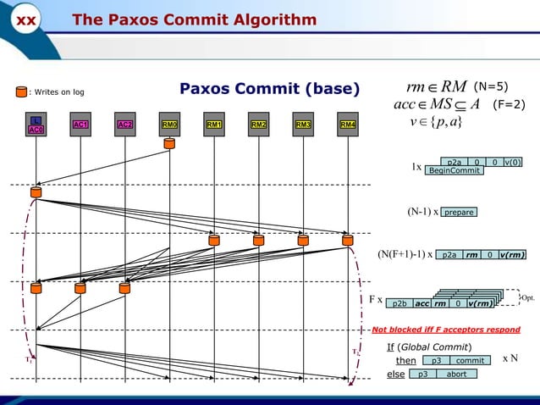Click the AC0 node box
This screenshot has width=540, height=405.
click(x=36, y=125)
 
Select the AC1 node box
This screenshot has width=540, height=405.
click(x=81, y=125)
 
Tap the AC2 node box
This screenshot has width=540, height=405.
click(x=125, y=125)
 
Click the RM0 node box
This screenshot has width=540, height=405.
click(x=170, y=125)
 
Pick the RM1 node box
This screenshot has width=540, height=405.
click(x=214, y=125)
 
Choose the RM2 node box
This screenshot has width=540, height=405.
click(x=258, y=125)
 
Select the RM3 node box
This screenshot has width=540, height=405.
click(x=303, y=125)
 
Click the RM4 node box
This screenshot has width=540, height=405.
click(x=347, y=125)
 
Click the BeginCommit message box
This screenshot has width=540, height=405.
click(x=454, y=170)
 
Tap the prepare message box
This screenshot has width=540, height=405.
click(x=459, y=212)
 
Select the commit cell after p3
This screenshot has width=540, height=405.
click(x=470, y=361)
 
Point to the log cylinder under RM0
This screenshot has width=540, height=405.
click(x=170, y=144)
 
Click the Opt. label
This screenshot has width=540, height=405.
click(x=527, y=298)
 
